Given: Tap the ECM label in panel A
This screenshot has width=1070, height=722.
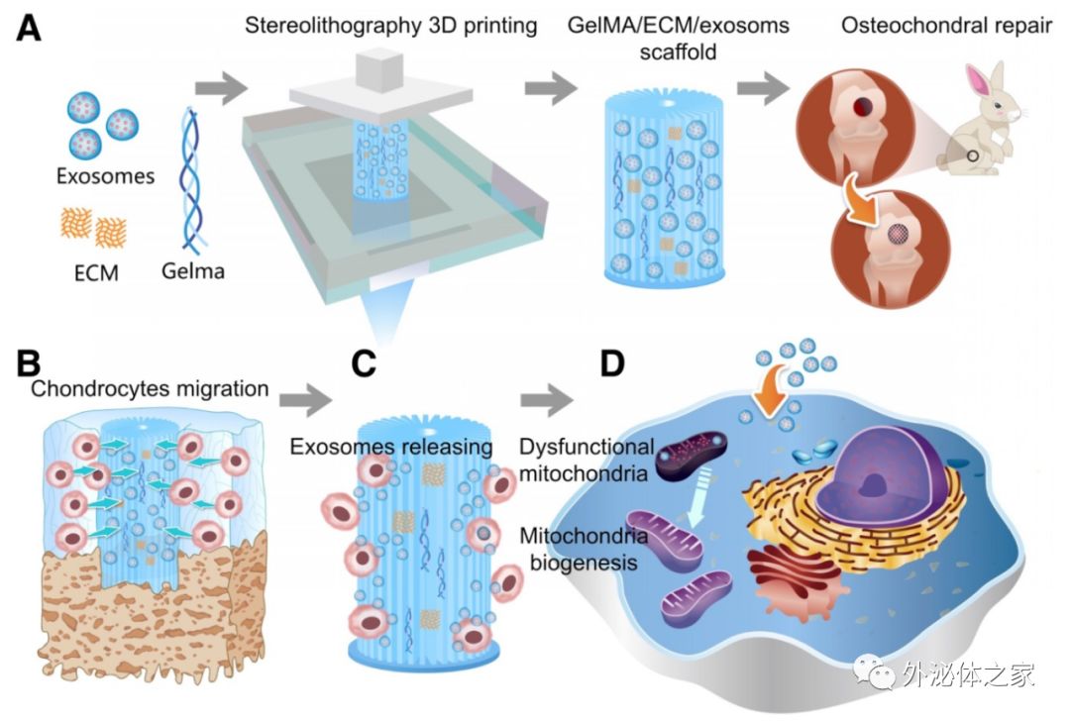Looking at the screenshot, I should click(96, 268).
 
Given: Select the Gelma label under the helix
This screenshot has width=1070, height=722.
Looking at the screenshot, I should click(194, 268).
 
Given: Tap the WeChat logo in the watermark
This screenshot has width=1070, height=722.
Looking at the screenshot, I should click(879, 674).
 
